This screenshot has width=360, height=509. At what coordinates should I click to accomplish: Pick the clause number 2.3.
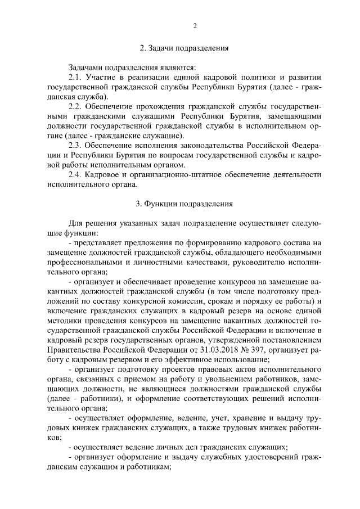coord(75,145)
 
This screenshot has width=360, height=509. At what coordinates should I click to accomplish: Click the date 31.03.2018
coord(180,350)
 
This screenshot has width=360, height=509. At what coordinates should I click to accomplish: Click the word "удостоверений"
coord(271,457)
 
